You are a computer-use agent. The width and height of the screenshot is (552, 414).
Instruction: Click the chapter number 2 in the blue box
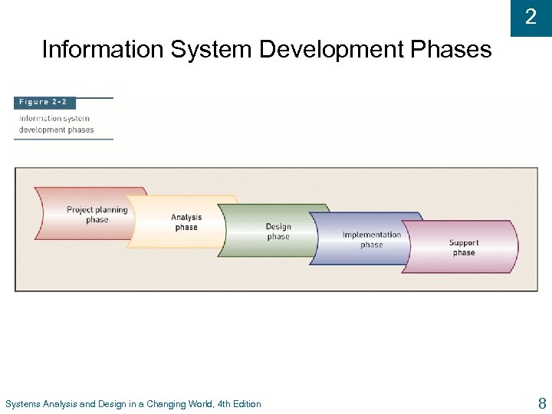(x=531, y=17)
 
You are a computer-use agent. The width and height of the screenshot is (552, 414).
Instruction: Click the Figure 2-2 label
(x=44, y=103)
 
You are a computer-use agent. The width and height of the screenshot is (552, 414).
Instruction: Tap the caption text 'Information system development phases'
(x=56, y=124)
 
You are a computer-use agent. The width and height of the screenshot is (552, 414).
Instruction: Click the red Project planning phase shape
(x=84, y=214)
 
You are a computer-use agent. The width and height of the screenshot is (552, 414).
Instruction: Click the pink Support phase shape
(x=463, y=248)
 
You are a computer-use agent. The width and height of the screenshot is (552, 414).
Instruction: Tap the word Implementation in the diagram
(x=372, y=235)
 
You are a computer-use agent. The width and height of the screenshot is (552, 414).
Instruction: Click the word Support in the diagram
(x=464, y=243)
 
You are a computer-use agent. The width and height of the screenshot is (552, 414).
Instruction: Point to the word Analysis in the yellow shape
(x=186, y=217)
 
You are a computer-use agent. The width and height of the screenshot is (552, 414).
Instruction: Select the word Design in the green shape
(x=278, y=226)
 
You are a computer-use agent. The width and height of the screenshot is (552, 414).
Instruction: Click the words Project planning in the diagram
(x=97, y=209)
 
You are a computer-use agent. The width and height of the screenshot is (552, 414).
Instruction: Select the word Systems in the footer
(x=23, y=404)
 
